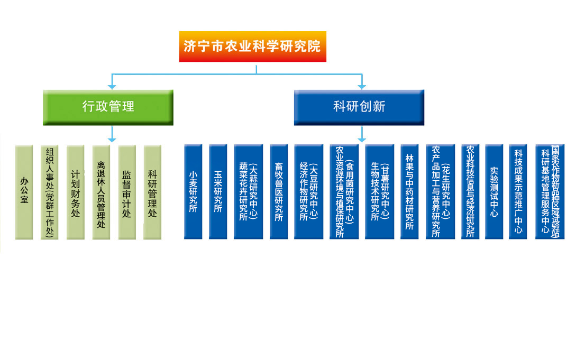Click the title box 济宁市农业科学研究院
(x=253, y=46)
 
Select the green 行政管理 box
(x=108, y=107)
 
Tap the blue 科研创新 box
(x=359, y=107)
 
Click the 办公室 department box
(x=24, y=192)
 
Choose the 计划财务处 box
(x=75, y=192)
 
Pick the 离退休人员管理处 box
(x=101, y=192)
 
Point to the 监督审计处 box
(x=126, y=192)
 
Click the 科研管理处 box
(x=152, y=192)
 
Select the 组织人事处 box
(x=50, y=192)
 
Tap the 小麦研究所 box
(x=193, y=192)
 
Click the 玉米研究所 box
(x=218, y=192)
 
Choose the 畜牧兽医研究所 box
(x=279, y=192)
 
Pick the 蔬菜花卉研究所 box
(x=248, y=192)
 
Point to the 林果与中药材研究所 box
(x=409, y=192)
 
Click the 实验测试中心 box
(x=494, y=192)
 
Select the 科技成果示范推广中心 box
(x=518, y=192)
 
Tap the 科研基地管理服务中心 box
(x=550, y=192)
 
